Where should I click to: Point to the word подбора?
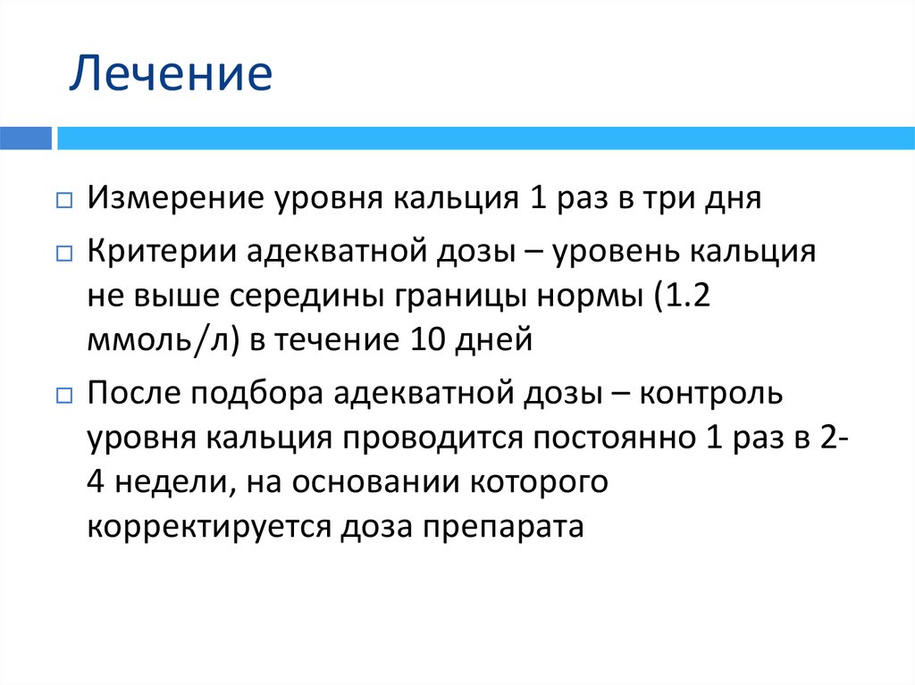point(251,394)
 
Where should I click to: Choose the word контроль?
point(712,394)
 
